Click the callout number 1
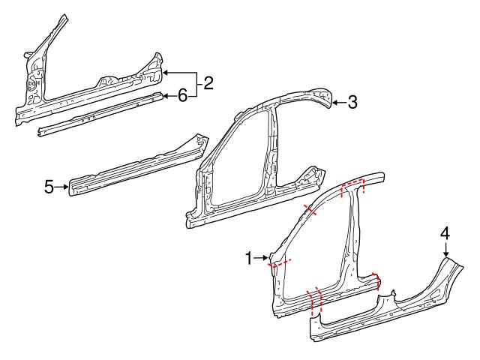pyautogui.click(x=250, y=259)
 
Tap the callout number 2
pyautogui.click(x=208, y=83)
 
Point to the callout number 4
pyautogui.click(x=445, y=234)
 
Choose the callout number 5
pyautogui.click(x=49, y=186)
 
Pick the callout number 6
pyautogui.click(x=181, y=94)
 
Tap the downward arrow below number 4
pyautogui.click(x=445, y=250)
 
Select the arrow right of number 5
pyautogui.click(x=62, y=186)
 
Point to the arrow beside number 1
pyautogui.click(x=262, y=259)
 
